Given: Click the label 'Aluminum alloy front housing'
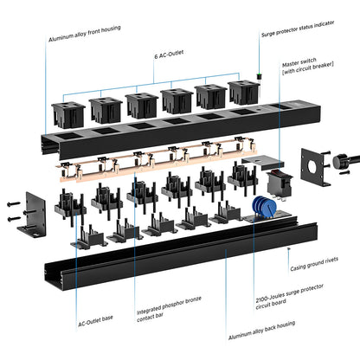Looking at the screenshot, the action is [84, 34].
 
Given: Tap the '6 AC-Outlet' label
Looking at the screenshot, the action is [169, 55].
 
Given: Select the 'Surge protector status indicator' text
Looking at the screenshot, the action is [298, 29].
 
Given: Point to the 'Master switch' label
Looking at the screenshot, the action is [299, 62].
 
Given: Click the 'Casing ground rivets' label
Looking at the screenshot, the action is [314, 264].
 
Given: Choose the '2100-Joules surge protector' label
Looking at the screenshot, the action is [289, 293].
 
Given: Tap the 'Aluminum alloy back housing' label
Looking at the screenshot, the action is [261, 330].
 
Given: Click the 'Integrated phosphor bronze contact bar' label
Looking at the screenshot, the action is [169, 309].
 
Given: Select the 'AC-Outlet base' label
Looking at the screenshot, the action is [95, 321].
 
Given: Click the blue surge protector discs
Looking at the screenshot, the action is [264, 207].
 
